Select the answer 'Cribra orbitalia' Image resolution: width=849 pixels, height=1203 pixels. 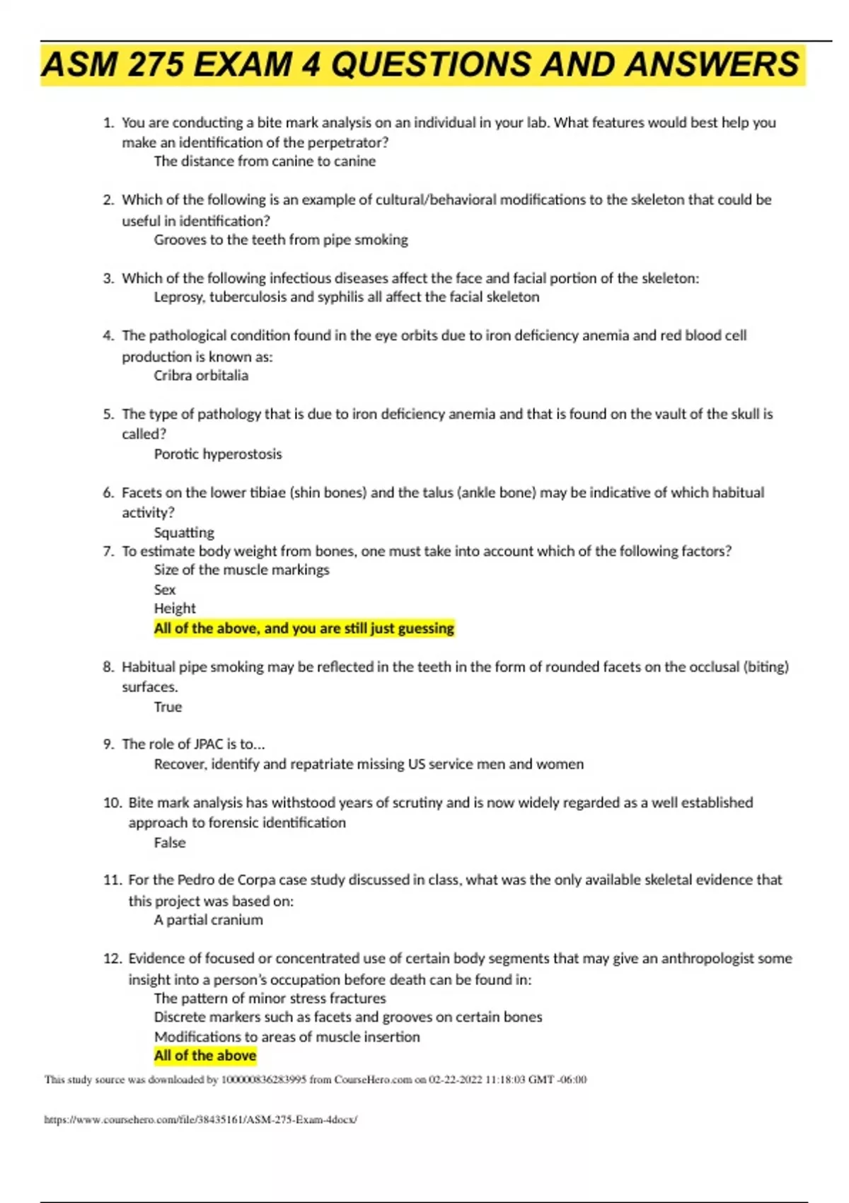click(x=201, y=376)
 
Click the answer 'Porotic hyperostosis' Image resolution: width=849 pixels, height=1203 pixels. click(x=218, y=454)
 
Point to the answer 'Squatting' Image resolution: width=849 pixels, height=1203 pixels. click(x=184, y=532)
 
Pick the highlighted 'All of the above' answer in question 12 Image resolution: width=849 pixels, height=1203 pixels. click(x=205, y=1056)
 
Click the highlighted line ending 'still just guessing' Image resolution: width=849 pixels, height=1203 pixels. click(x=304, y=628)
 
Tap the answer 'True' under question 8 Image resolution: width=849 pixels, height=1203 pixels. click(x=168, y=707)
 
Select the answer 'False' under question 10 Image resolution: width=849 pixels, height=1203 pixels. click(x=170, y=843)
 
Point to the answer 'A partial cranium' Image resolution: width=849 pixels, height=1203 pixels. click(x=209, y=920)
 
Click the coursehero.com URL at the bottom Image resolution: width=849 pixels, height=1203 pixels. click(x=201, y=1119)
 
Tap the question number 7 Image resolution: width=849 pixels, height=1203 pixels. click(x=108, y=551)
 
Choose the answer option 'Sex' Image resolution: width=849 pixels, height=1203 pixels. click(x=165, y=589)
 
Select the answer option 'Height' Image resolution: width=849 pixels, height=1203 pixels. click(x=175, y=609)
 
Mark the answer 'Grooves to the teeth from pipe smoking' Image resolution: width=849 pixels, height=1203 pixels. click(x=281, y=240)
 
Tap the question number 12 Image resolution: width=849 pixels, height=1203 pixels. click(x=112, y=959)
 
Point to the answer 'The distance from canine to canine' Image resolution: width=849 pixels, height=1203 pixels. click(x=265, y=161)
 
